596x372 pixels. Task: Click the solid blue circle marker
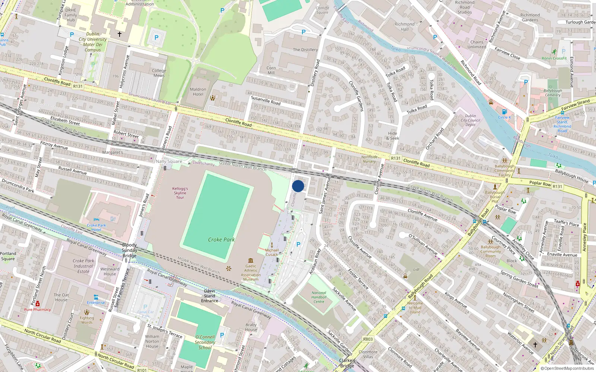pyautogui.click(x=298, y=186)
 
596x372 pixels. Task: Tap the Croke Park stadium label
pyautogui.click(x=221, y=240)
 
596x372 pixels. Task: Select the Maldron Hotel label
pyautogui.click(x=198, y=92)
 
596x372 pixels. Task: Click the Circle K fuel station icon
pyautogui.click(x=504, y=112)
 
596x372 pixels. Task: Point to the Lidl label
pyautogui.click(x=416, y=269)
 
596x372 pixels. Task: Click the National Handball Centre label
pyautogui.click(x=319, y=297)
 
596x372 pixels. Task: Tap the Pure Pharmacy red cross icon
pyautogui.click(x=37, y=304)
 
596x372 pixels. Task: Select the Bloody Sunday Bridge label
pyautogui.click(x=129, y=250)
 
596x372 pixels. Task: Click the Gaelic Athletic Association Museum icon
pyautogui.click(x=251, y=260)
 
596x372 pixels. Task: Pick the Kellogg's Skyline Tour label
pyautogui.click(x=180, y=193)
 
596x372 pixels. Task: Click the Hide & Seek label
pyautogui.click(x=393, y=136)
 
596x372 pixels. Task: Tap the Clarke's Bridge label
pyautogui.click(x=347, y=363)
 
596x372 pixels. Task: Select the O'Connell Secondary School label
pyautogui.click(x=205, y=342)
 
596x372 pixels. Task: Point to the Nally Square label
pyautogui.click(x=169, y=161)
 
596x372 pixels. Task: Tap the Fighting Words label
pyautogui.click(x=87, y=320)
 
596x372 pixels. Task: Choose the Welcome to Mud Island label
pyautogui.click(x=415, y=308)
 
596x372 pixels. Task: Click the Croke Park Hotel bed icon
pyautogui.click(x=96, y=220)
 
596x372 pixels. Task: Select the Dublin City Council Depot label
pyautogui.click(x=470, y=120)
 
